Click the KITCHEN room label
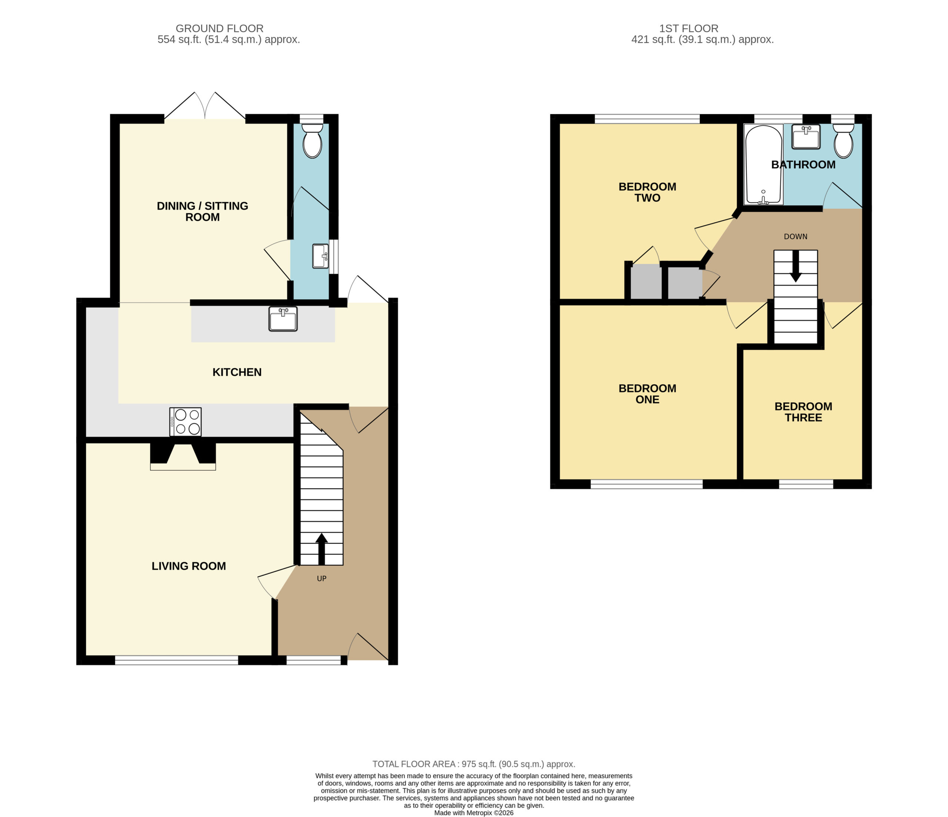(x=237, y=372)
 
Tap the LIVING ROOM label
(x=189, y=566)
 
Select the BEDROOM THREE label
(x=804, y=412)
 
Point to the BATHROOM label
(x=804, y=165)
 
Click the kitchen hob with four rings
(x=185, y=421)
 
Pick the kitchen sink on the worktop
(x=283, y=318)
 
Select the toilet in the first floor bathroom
(x=843, y=140)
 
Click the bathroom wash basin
(x=806, y=137)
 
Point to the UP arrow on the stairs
(x=322, y=549)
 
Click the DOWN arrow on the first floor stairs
(x=796, y=266)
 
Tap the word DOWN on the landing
(x=796, y=237)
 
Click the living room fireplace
(x=183, y=456)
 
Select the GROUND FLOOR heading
(x=220, y=29)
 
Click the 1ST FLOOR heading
(x=689, y=29)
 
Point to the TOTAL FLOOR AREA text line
(x=474, y=764)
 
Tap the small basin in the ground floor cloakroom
(x=321, y=256)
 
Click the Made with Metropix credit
(x=474, y=813)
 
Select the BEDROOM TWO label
(x=647, y=192)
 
